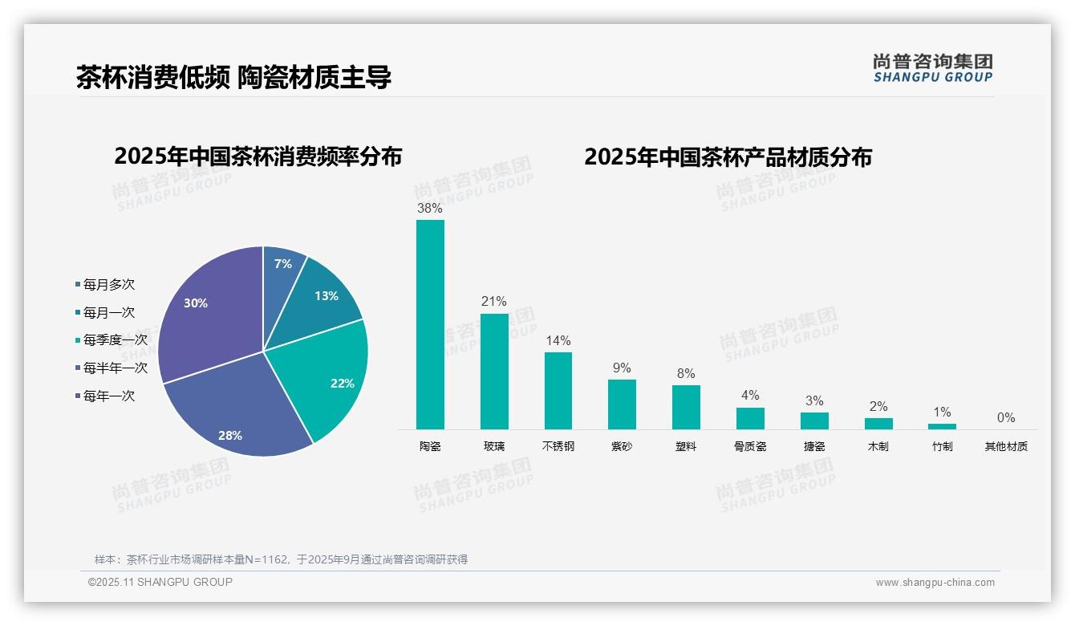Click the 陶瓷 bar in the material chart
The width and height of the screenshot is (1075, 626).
click(430, 324)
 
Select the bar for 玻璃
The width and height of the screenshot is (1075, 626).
click(494, 371)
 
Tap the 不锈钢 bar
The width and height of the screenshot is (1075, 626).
click(558, 390)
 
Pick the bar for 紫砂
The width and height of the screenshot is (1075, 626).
click(622, 404)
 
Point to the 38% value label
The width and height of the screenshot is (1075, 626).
click(429, 209)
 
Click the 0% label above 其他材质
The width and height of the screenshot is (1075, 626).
click(1006, 418)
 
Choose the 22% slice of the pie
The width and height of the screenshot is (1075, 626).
click(333, 377)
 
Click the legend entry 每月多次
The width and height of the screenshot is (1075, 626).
click(108, 285)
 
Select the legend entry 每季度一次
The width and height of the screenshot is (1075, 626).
click(115, 340)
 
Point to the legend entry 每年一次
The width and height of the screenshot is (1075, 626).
click(108, 396)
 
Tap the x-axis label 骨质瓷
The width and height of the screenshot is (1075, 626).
click(750, 446)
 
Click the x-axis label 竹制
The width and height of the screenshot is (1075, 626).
click(942, 446)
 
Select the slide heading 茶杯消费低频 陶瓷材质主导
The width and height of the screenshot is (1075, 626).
click(233, 78)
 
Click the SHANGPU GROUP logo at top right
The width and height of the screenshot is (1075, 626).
click(932, 68)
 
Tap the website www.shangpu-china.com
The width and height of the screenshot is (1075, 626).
click(935, 583)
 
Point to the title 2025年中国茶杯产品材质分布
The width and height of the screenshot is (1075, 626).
click(728, 156)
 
